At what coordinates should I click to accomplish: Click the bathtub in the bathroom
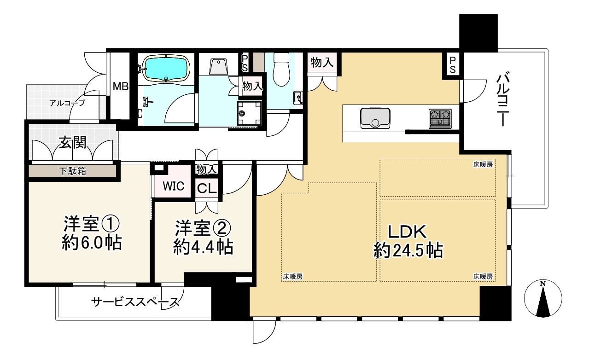tap(166, 68)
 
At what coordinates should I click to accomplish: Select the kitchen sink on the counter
tap(375, 118)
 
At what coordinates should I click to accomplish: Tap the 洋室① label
tap(92, 233)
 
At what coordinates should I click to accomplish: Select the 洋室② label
tap(203, 237)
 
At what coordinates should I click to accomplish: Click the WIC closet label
tap(174, 186)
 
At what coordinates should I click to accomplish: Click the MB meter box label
tap(121, 86)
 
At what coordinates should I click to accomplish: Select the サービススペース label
tap(134, 302)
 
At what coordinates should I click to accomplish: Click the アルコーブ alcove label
tap(68, 103)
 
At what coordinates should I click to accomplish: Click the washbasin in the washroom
tap(218, 67)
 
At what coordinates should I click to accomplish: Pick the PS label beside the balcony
tap(453, 64)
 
